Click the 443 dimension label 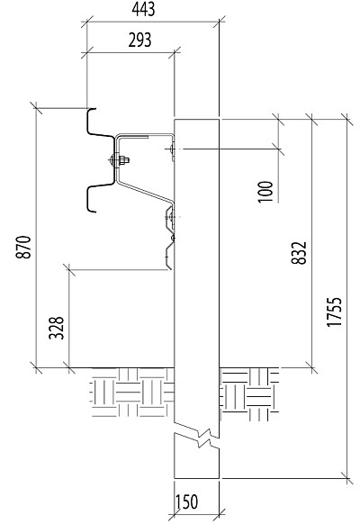143,9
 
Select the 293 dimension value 139,40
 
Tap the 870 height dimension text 23,247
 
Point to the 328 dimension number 56,328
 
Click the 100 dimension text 265,192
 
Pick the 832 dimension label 299,253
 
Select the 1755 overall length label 334,312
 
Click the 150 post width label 186,501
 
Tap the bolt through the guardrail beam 119,160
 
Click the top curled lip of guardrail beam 92,109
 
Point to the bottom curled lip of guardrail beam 92,211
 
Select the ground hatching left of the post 132,393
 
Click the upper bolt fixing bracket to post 172,149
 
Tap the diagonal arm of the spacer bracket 145,192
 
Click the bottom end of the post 197,478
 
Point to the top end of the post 197,119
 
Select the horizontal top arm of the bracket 145,135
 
